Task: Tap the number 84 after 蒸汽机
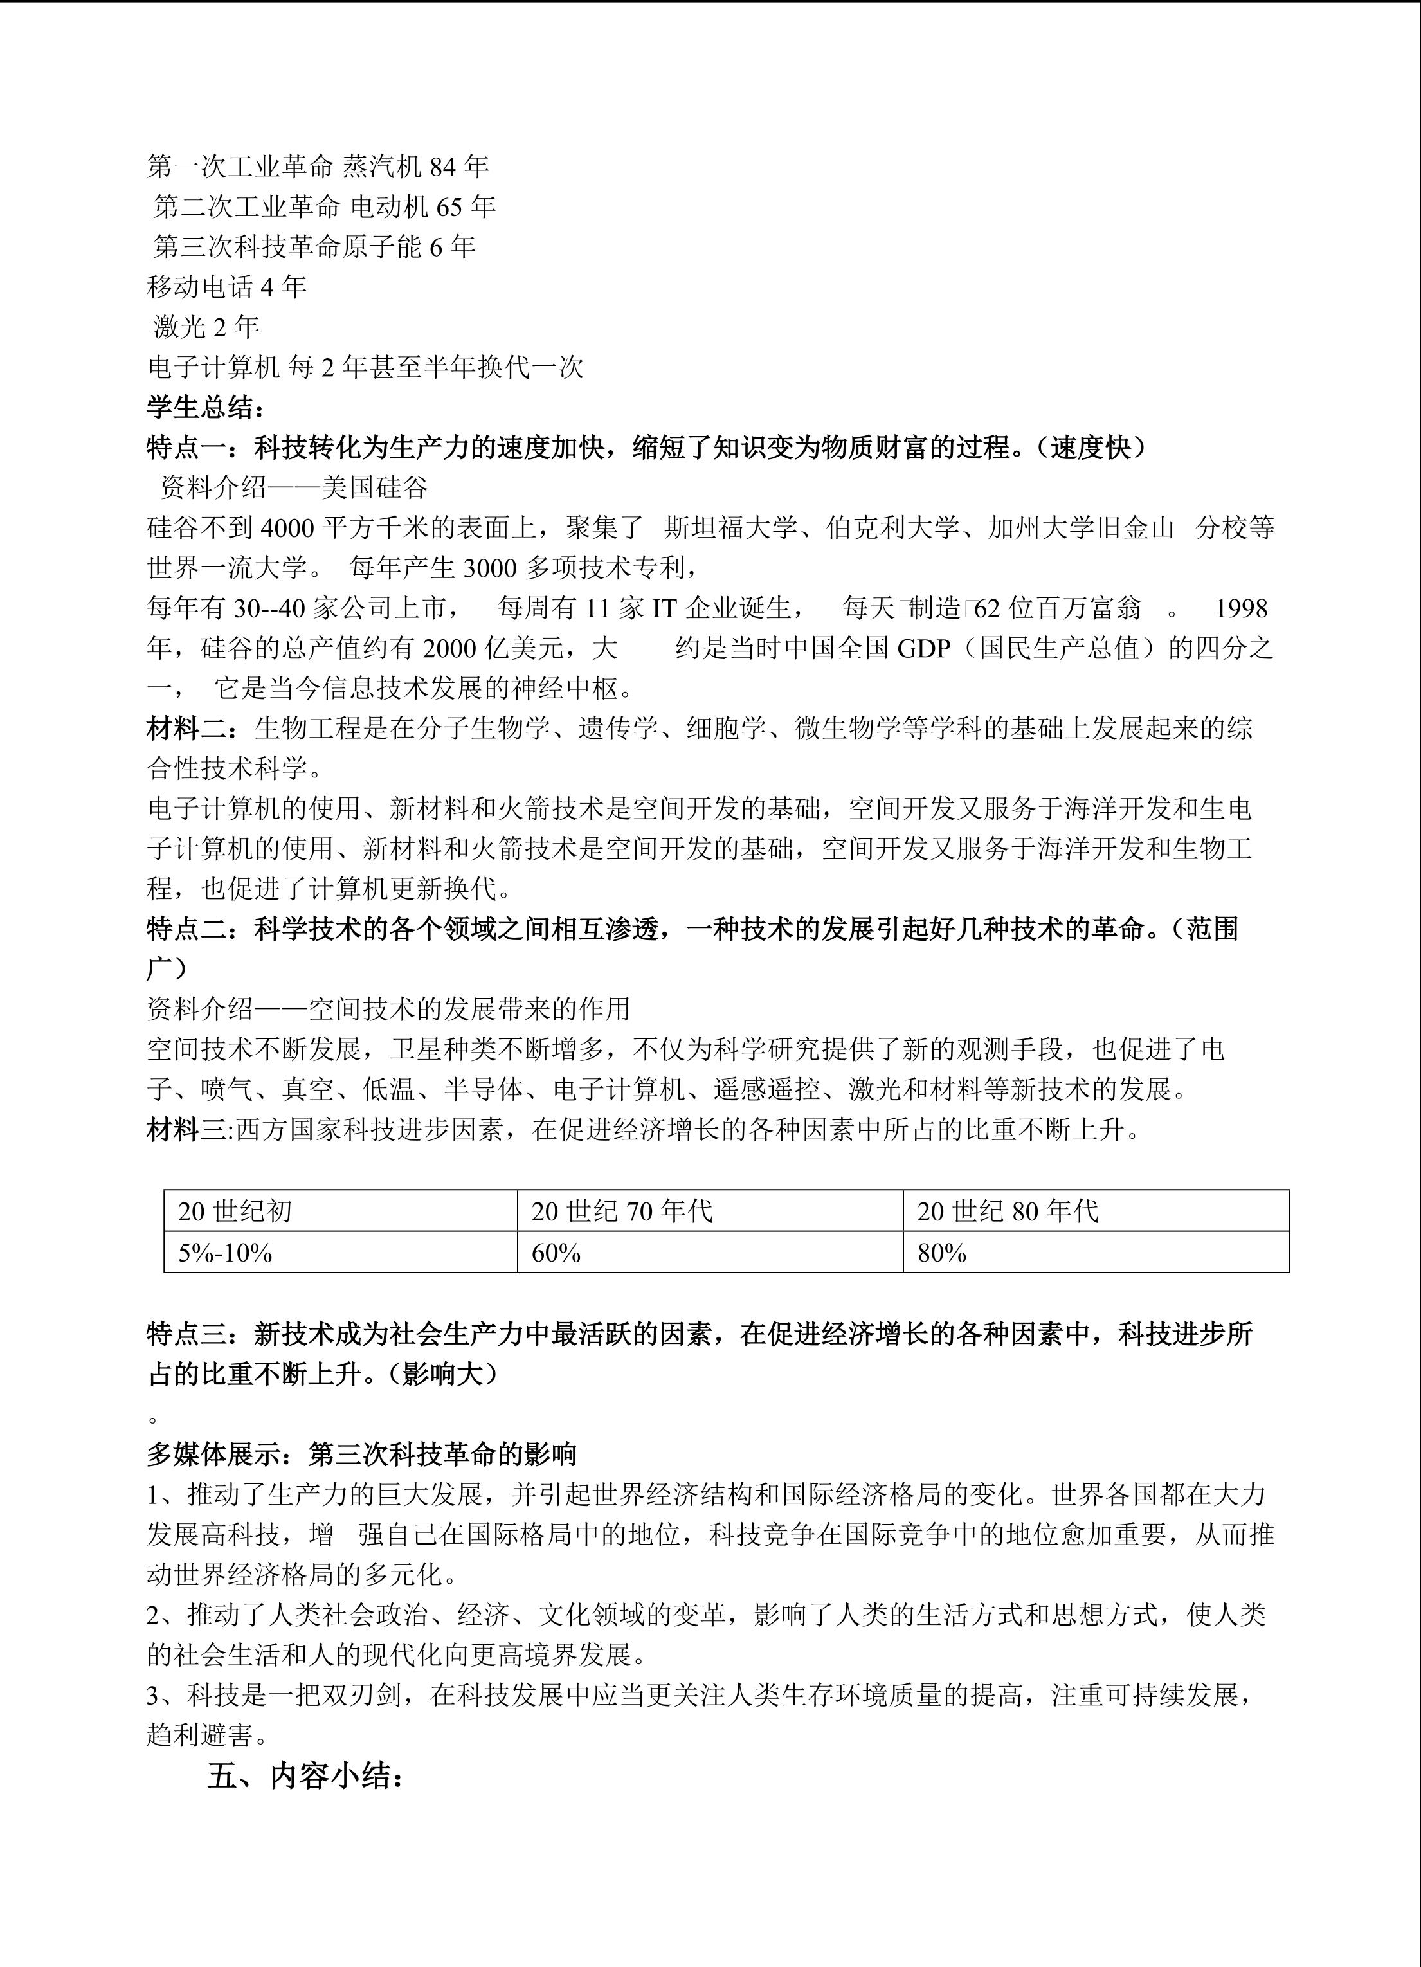click(446, 166)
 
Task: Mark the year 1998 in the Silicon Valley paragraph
click(1241, 608)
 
